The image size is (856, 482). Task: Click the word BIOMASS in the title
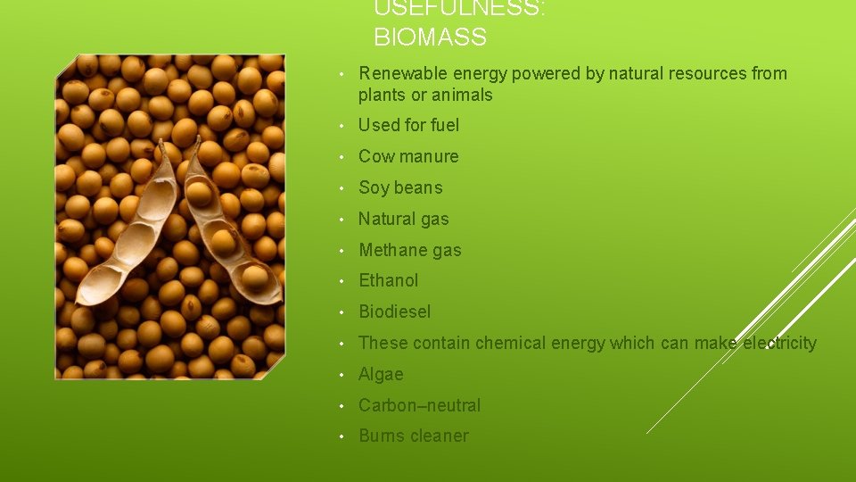click(x=430, y=37)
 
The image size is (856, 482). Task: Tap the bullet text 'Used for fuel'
click(x=408, y=126)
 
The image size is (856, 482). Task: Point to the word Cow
click(x=376, y=157)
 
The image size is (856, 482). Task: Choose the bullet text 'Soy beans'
click(x=399, y=187)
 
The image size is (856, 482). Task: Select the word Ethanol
click(x=388, y=280)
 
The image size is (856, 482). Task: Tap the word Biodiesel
click(x=394, y=312)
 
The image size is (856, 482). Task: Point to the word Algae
click(x=381, y=374)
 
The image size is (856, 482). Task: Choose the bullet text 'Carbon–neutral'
click(x=419, y=405)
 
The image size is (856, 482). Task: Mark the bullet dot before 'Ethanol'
click(x=342, y=281)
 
